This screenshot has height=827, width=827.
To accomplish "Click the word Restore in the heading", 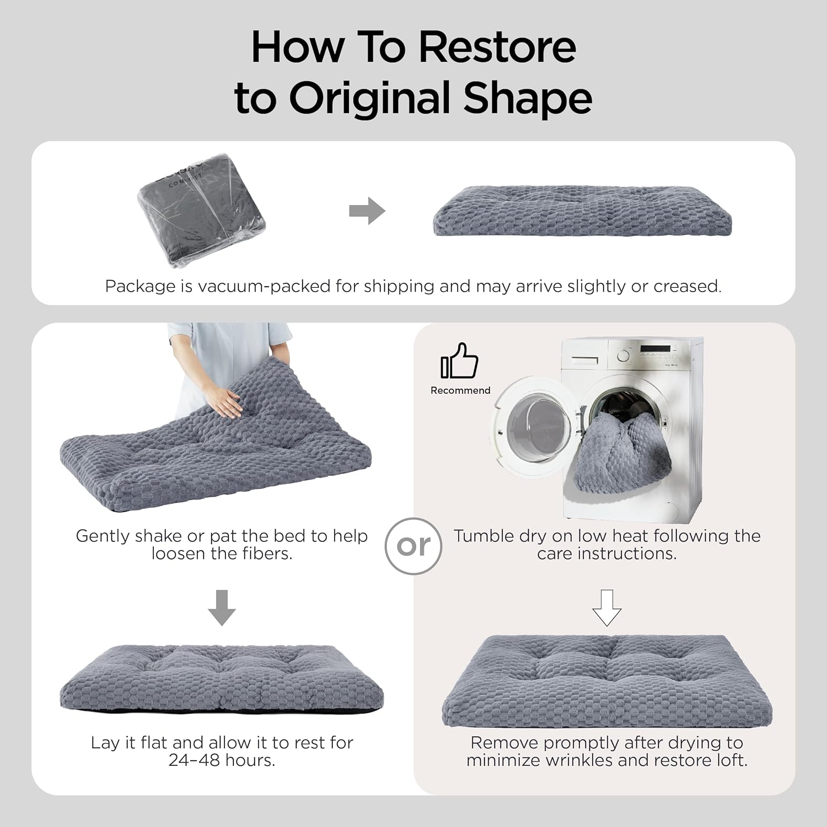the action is click(497, 47).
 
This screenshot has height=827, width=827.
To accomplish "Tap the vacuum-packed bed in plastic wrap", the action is click(201, 210).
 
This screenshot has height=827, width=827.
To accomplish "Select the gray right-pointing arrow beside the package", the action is click(367, 211).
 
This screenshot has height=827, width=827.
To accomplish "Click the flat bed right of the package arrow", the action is click(582, 211).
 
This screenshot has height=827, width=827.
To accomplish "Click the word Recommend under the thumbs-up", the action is click(460, 390).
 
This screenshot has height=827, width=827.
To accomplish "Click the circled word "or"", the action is click(413, 546).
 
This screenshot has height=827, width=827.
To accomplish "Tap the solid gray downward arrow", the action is click(222, 608).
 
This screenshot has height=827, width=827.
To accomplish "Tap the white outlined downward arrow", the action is click(607, 608).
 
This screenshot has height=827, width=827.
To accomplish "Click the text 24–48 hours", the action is click(222, 760).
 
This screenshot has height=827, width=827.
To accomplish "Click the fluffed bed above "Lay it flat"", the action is click(222, 679).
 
